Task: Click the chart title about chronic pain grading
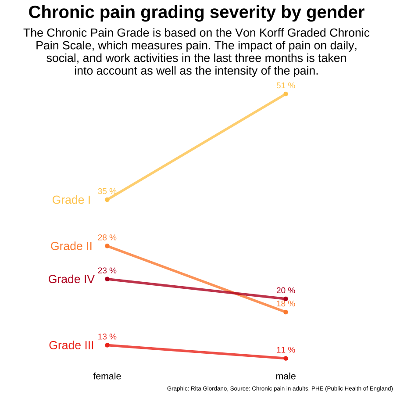196,12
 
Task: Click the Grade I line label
71,200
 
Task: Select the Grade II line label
71,246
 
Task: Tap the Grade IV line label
71,279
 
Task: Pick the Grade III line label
71,345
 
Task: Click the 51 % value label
286,86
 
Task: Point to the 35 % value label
107,191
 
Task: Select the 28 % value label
107,237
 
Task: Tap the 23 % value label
107,271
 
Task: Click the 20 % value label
286,290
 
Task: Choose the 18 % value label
286,304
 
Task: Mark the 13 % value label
107,337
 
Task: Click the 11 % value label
286,350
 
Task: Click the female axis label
107,376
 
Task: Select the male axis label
286,376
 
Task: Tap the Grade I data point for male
286,94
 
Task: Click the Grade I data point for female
107,200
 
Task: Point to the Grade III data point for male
286,359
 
